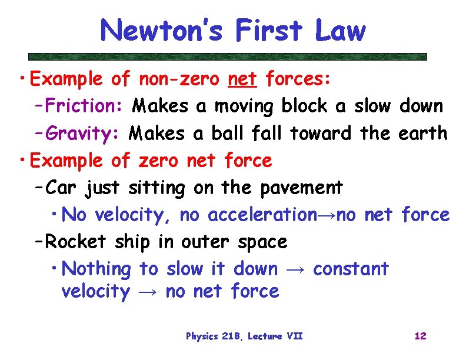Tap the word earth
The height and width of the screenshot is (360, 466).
[422, 134]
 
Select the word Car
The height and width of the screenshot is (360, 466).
[62, 188]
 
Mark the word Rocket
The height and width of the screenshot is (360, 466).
[76, 242]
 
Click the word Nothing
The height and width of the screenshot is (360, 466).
[97, 269]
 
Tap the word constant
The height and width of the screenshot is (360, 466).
[351, 269]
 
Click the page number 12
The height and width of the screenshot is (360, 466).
[420, 336]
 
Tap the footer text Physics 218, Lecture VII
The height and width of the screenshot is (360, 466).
[244, 336]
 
